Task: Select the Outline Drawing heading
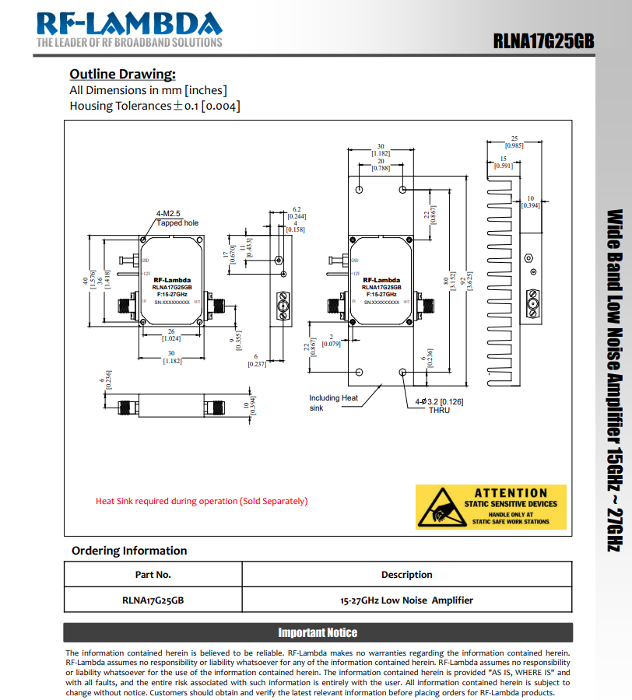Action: coord(122,74)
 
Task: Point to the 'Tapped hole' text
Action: coord(177,223)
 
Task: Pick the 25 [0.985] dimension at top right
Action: coord(514,142)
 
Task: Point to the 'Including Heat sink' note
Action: coord(332,402)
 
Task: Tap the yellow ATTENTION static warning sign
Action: coord(512,506)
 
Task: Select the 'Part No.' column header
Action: coord(153,575)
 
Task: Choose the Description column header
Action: coord(406,575)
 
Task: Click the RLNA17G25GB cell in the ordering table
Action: coord(153,600)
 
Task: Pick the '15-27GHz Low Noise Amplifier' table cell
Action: coord(406,600)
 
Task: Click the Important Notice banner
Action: coord(318,632)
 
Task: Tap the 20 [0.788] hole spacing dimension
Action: coord(381,165)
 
